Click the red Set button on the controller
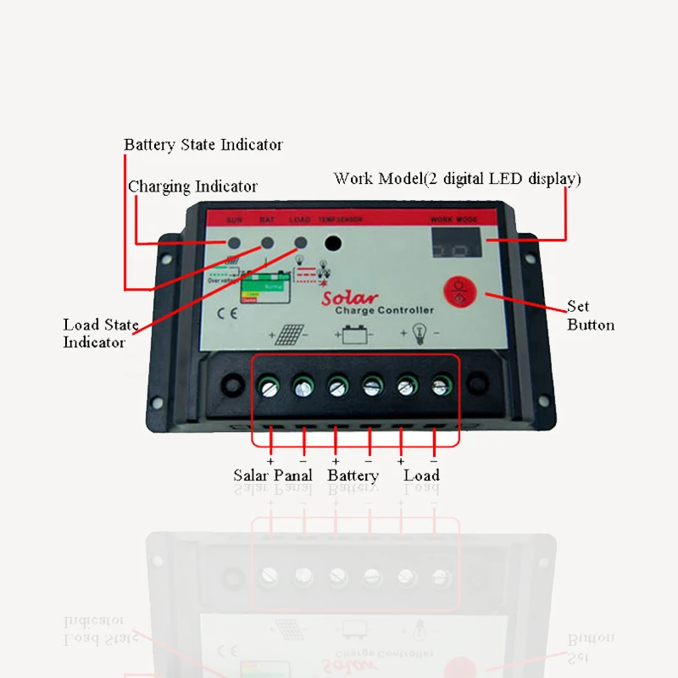tap(461, 291)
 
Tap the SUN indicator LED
tap(234, 244)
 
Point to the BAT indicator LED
tap(267, 243)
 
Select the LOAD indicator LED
tap(300, 242)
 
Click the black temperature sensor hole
tap(334, 244)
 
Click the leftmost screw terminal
tap(269, 387)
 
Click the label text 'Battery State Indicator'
tap(203, 145)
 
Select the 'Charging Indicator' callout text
tap(192, 186)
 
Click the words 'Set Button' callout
tap(591, 315)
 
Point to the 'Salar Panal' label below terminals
tap(273, 475)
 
